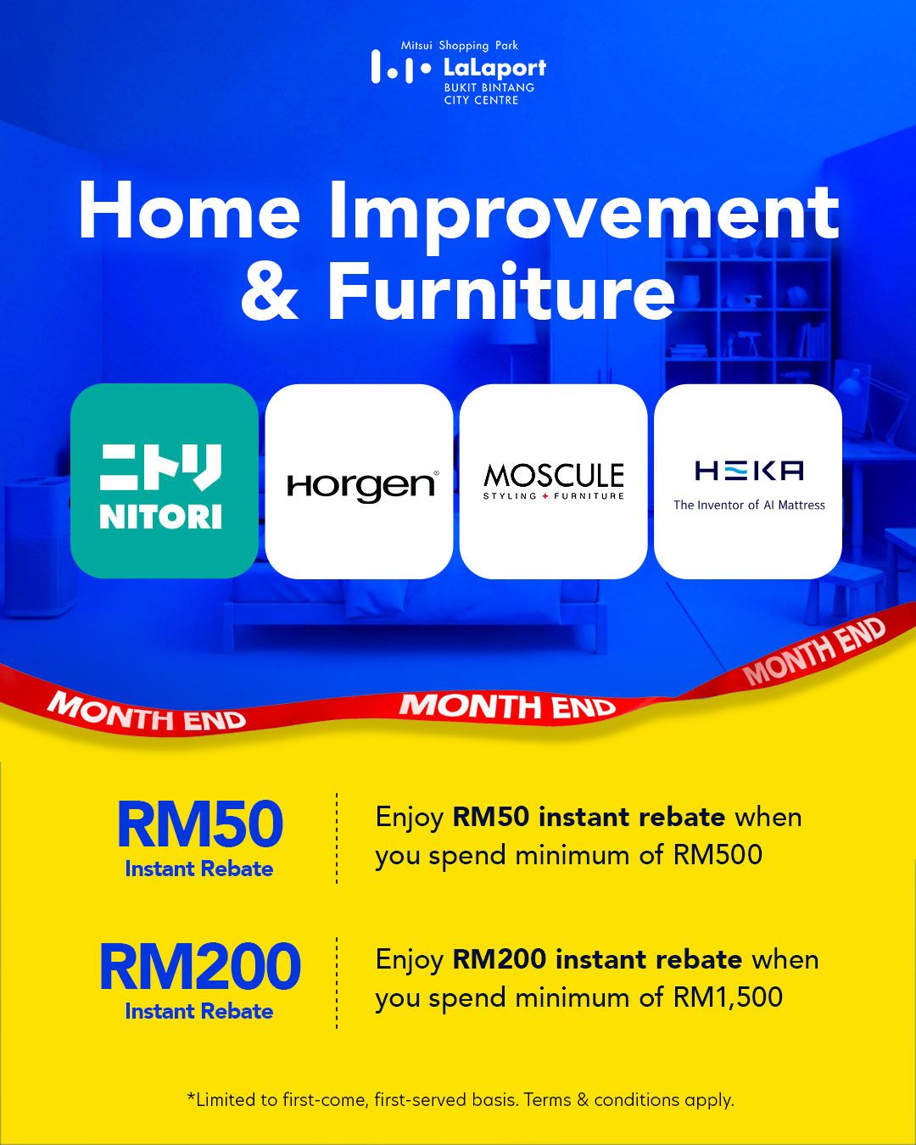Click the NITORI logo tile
[x=165, y=480]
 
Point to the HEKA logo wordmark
[x=749, y=471]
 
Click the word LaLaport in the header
[x=494, y=68]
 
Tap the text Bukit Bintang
[x=489, y=88]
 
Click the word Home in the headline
[x=189, y=210]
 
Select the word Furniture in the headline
[x=501, y=292]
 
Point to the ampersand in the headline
[x=270, y=293]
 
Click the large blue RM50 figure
[x=199, y=824]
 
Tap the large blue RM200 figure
[x=199, y=966]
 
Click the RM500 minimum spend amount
[x=718, y=855]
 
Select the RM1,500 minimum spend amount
[x=728, y=997]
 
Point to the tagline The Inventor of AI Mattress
[x=749, y=505]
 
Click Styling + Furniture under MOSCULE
[x=554, y=496]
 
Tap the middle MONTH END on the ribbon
[x=507, y=706]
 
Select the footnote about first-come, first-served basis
[x=461, y=1100]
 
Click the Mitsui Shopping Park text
[x=460, y=46]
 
